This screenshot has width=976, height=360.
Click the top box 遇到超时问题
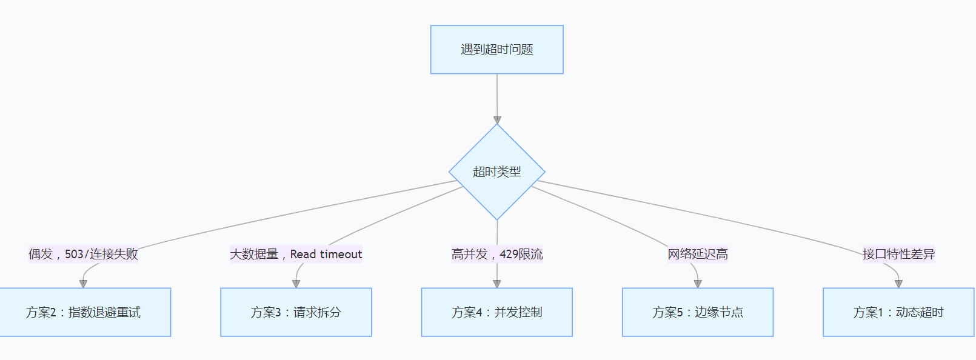click(496, 50)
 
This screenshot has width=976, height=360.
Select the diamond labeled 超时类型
click(496, 172)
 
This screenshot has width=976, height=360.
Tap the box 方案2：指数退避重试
click(84, 312)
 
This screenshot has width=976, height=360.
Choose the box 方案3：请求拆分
click(296, 312)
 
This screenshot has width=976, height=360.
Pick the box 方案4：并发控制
click(496, 312)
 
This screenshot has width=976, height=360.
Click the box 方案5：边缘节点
click(698, 312)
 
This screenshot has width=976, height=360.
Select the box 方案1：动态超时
click(898, 312)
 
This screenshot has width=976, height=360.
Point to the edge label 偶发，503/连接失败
click(83, 254)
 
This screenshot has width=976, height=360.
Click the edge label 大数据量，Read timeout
click(296, 254)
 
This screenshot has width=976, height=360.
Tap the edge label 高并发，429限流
click(496, 254)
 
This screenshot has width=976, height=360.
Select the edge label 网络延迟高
click(698, 254)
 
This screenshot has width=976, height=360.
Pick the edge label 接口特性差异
click(898, 254)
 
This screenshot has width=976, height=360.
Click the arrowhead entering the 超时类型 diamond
click(497, 120)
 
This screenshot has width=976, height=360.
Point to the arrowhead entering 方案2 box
click(84, 284)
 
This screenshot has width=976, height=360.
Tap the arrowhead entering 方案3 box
click(296, 284)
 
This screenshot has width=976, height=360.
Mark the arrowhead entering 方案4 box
click(497, 284)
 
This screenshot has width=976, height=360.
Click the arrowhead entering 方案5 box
click(698, 284)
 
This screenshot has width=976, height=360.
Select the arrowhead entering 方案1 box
click(898, 284)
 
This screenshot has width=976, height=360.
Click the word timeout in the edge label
click(341, 254)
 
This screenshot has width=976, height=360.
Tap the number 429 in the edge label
click(509, 254)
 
